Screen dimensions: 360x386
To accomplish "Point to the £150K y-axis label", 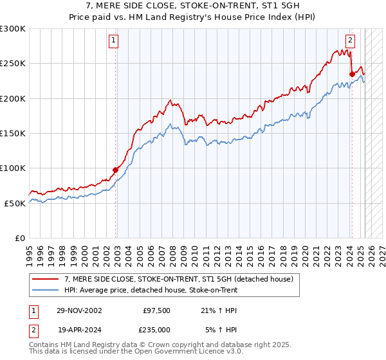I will click(13, 134).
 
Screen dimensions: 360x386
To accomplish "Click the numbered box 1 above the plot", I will click(113, 40).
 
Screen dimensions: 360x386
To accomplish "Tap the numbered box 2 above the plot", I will click(350, 40).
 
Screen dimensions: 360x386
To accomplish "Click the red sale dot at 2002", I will click(116, 170).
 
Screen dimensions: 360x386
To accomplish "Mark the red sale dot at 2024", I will click(352, 75).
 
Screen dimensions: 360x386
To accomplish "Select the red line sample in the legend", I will click(45, 279).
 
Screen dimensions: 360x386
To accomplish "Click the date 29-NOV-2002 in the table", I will click(78, 310).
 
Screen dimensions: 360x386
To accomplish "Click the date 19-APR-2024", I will click(78, 329).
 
